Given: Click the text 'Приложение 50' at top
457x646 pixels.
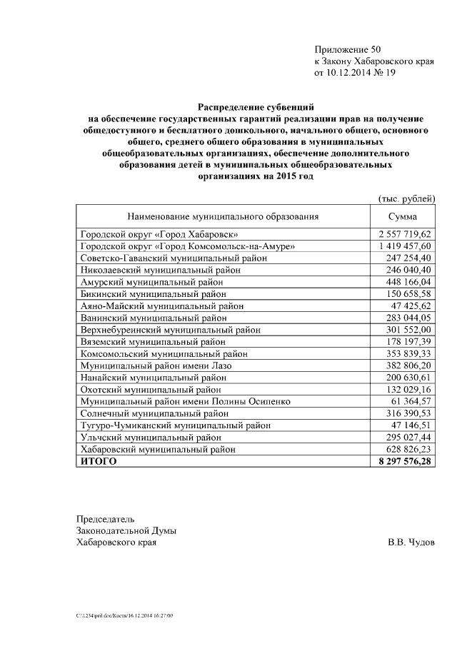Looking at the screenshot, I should [x=348, y=49].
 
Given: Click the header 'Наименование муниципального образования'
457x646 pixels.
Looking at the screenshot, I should [x=223, y=216].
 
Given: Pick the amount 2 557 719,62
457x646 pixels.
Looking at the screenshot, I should [x=406, y=234].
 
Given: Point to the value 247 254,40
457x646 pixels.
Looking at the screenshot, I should [x=411, y=258].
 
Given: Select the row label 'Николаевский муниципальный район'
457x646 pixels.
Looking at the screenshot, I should [x=161, y=270].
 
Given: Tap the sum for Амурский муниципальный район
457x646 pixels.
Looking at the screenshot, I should [x=411, y=282].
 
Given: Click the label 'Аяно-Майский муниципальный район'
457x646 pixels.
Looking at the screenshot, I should [x=162, y=306].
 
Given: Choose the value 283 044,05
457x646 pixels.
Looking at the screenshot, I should [x=411, y=318].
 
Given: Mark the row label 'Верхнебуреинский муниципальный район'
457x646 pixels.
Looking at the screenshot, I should [x=171, y=330].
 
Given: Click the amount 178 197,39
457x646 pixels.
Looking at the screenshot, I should [x=411, y=342].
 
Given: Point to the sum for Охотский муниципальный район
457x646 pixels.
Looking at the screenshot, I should [x=411, y=390].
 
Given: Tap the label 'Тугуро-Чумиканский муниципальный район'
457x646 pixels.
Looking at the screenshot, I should [x=176, y=425].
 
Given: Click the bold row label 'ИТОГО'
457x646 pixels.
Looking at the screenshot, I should [x=99, y=462].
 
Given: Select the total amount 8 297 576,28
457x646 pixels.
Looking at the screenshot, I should [x=406, y=462].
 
